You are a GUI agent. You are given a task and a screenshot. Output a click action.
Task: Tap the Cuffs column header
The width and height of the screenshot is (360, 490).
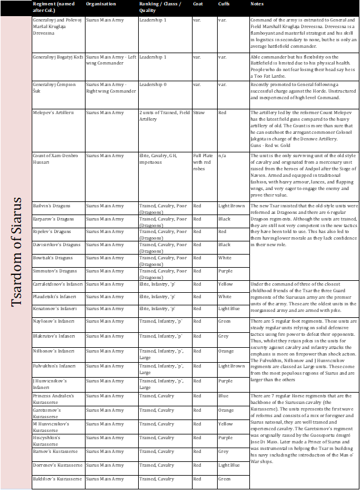pos(224,4)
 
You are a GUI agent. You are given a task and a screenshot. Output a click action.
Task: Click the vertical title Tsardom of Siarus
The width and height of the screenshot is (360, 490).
pos(16,252)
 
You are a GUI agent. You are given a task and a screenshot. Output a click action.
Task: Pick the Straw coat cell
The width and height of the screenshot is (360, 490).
pos(199,112)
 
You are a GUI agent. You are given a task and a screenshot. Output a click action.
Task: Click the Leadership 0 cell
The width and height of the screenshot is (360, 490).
pos(153,84)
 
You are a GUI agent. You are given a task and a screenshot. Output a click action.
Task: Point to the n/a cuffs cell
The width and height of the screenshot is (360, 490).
pos(222,155)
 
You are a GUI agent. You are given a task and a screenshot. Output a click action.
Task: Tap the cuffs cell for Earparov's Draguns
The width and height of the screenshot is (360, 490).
pos(224,219)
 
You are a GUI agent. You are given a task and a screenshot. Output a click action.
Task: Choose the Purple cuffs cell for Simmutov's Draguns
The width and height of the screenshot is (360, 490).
pos(225,271)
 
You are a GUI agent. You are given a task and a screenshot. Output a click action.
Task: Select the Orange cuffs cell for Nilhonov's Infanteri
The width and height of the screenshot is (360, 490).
pos(226,351)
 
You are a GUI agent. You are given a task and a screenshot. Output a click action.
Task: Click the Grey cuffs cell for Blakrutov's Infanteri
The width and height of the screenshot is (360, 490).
pos(224,336)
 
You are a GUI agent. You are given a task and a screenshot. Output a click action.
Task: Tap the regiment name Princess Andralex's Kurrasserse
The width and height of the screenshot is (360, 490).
pos(54,399)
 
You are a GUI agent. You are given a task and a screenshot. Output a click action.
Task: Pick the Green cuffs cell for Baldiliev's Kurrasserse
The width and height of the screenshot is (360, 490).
pos(225,479)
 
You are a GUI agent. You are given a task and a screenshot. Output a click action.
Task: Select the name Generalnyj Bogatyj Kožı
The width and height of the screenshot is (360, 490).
pos(55,57)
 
